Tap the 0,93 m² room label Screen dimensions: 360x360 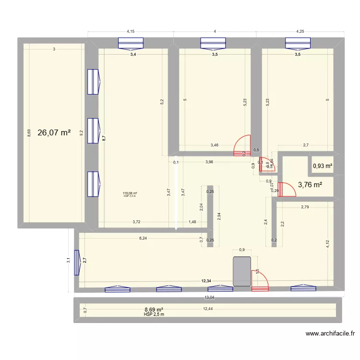(x=323, y=166)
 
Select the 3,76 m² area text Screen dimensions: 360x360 (x=310, y=184)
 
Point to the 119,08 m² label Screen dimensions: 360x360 (x=130, y=193)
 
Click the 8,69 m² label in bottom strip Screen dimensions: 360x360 (x=154, y=310)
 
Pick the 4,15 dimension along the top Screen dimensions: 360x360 (x=130, y=32)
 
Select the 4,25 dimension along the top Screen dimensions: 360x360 (x=300, y=32)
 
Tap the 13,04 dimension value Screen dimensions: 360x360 (x=209, y=297)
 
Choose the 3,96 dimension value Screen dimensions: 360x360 (x=209, y=162)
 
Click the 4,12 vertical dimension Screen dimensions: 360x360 (x=328, y=243)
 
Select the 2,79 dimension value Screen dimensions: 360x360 (x=305, y=207)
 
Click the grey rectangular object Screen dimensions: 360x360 (x=242, y=272)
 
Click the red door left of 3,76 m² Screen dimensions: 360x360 (x=288, y=190)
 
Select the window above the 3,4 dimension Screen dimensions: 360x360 (x=131, y=44)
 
